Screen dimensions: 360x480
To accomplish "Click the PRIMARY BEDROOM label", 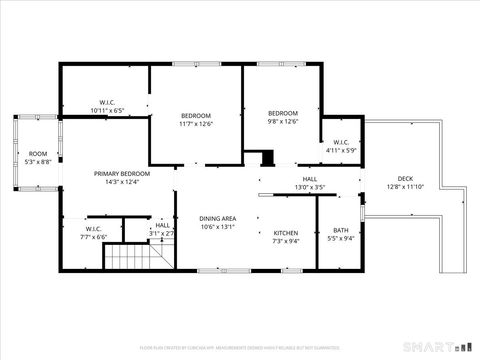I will click(x=116, y=173).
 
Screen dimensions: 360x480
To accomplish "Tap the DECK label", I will click(x=404, y=178).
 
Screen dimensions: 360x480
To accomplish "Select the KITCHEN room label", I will click(x=285, y=232).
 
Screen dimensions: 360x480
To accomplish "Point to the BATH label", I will click(x=341, y=230).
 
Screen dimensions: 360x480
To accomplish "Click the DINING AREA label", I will click(x=217, y=218).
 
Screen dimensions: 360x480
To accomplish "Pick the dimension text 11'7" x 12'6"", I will click(x=196, y=124).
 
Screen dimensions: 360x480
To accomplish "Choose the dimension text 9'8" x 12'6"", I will click(x=283, y=122).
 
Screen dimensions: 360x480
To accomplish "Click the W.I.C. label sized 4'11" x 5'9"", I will click(x=341, y=142).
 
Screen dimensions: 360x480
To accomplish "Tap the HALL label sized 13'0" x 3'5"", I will click(x=282, y=179).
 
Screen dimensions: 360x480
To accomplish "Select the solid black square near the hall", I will click(x=267, y=158).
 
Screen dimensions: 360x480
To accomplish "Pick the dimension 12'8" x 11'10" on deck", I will click(x=404, y=187).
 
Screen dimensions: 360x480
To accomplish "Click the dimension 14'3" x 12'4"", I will click(x=116, y=182).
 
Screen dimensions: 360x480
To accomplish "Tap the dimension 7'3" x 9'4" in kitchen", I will click(x=285, y=241).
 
